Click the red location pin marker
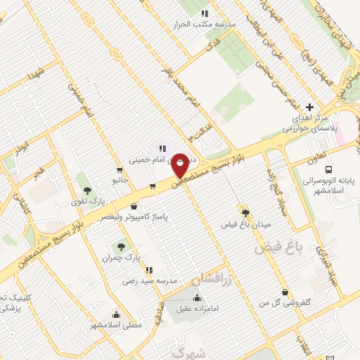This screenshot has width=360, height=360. tap(180, 165)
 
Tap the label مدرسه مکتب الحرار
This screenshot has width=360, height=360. tap(204, 23)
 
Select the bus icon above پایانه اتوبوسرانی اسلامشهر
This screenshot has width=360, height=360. tap(329, 169)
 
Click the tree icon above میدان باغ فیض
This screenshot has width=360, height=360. tap(245, 212)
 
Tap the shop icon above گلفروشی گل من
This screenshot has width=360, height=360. tap(285, 292)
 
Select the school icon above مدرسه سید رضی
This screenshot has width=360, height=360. tap(148, 269)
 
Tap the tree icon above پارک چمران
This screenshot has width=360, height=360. tap(121, 247)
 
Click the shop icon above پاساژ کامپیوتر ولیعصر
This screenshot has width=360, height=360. tap(135, 207)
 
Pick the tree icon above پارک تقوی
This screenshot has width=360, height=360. tap(87, 191)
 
